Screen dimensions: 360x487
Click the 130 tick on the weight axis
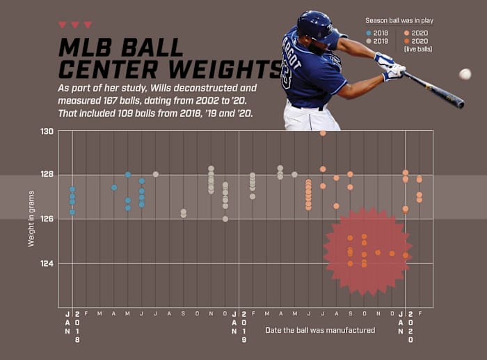[47, 131]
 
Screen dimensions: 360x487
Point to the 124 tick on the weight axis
[47, 263]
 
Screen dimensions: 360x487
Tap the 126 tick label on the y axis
[47, 219]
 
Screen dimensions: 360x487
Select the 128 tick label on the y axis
[47, 175]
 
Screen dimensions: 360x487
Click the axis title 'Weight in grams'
[31, 219]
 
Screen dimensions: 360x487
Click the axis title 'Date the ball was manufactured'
[320, 330]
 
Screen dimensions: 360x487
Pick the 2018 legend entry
[379, 33]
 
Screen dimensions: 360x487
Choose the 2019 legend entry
[379, 41]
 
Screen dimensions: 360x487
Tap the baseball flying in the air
[465, 74]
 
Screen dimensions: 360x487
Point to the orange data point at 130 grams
[323, 132]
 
